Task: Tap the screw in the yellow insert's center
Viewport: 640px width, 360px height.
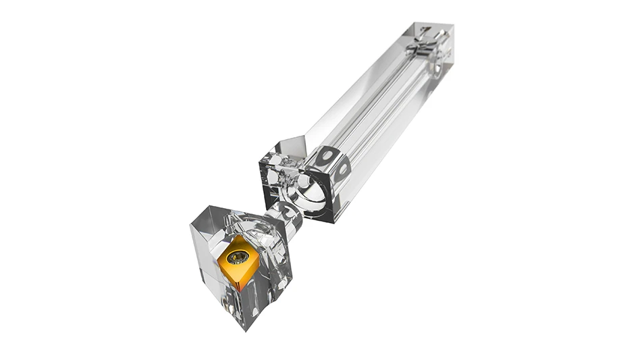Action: tap(238, 257)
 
